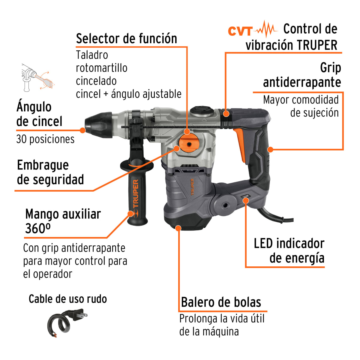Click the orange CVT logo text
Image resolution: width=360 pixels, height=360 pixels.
240,31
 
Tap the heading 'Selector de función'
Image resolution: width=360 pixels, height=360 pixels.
126,39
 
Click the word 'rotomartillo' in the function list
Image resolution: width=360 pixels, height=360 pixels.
101,68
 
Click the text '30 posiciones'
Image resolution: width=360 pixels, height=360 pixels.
45,139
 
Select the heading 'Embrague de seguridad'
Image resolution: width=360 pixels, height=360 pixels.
50,172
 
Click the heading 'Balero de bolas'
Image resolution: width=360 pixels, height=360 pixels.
221,302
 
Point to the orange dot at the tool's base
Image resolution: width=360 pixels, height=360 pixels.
178,228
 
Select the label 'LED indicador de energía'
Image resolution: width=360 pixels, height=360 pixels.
289,251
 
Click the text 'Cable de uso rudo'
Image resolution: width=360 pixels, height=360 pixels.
68,299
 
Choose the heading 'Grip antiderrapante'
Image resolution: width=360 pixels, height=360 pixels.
302,75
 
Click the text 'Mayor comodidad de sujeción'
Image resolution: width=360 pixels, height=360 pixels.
301,106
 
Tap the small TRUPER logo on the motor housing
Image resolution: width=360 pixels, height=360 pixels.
192,187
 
